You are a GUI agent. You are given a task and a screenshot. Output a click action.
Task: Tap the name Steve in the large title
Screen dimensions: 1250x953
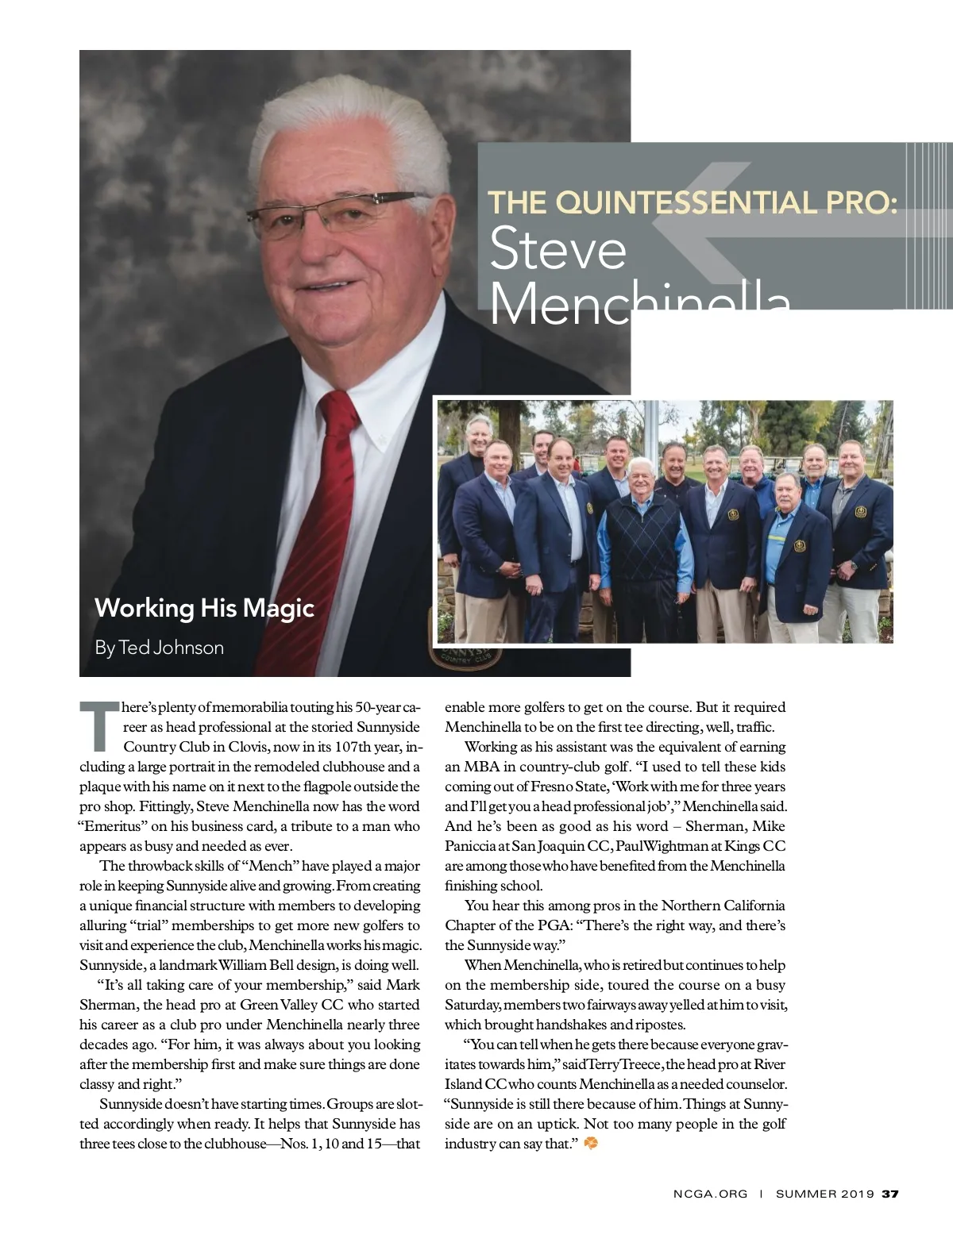pyautogui.click(x=558, y=250)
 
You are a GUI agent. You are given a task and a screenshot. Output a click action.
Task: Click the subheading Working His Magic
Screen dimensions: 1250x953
pyautogui.click(x=204, y=608)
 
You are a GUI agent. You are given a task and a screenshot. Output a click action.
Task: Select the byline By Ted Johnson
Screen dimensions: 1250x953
pyautogui.click(x=159, y=648)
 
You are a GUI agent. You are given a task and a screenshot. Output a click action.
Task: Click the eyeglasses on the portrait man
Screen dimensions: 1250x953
pyautogui.click(x=338, y=208)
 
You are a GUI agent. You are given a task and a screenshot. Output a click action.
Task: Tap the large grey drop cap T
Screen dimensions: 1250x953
pyautogui.click(x=99, y=725)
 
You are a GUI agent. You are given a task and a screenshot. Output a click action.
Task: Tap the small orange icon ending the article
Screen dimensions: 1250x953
pyautogui.click(x=590, y=1144)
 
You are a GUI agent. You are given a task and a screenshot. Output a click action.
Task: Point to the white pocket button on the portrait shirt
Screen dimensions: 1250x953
pyautogui.click(x=382, y=438)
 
